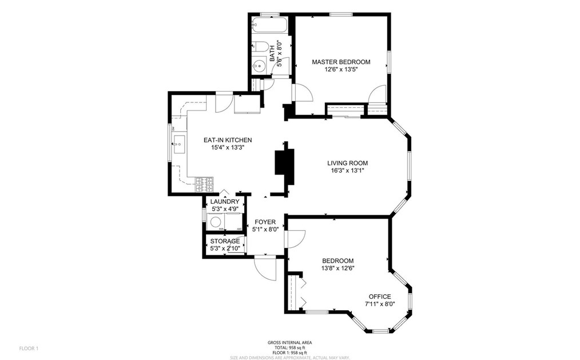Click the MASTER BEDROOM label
pos(340,62)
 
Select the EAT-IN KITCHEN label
pos(228,140)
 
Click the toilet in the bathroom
pos(259,48)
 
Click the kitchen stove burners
pos(205,184)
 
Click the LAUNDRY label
pos(224,202)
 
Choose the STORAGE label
pos(225,241)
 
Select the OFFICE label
pos(379,296)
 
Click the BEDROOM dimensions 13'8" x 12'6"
pos(337,268)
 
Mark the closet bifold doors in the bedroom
pos(302,292)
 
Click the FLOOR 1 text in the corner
pos(29,348)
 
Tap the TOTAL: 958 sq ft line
pos(289,347)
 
